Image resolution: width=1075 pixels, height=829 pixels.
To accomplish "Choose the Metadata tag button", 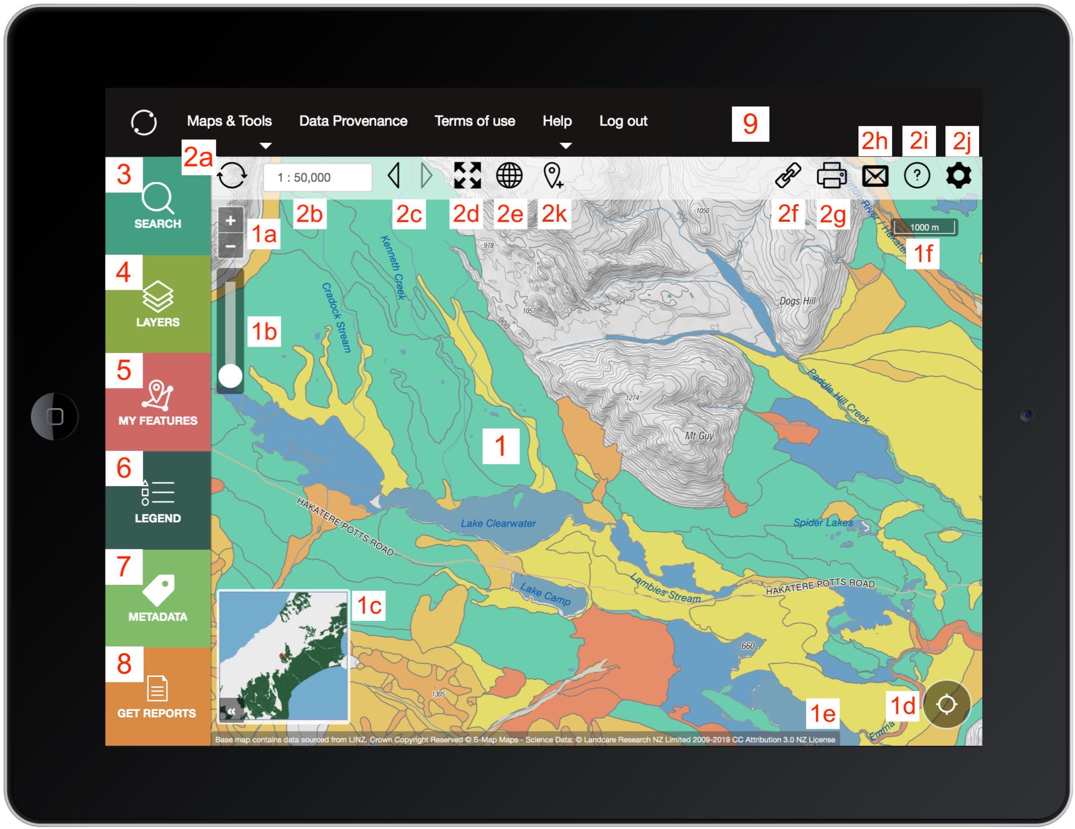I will pyautogui.click(x=158, y=598).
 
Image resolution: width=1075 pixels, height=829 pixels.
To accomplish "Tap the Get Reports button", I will pyautogui.click(x=158, y=696).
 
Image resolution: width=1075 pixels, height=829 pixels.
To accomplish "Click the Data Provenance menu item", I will pyautogui.click(x=353, y=121).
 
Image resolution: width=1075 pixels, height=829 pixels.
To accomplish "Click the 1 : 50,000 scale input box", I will pyautogui.click(x=317, y=177).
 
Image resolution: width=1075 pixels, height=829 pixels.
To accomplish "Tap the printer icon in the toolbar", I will pyautogui.click(x=832, y=176).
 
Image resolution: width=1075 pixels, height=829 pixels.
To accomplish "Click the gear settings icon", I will pyautogui.click(x=958, y=176).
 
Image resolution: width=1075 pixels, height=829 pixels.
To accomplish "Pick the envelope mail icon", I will pyautogui.click(x=875, y=176).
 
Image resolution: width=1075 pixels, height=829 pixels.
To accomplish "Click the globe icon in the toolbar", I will pyautogui.click(x=509, y=176).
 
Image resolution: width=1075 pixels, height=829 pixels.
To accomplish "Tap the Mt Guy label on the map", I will pyautogui.click(x=699, y=436).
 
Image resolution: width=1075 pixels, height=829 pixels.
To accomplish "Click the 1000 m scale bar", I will pyautogui.click(x=924, y=227).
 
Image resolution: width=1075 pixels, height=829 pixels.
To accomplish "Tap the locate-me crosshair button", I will pyautogui.click(x=946, y=704).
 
